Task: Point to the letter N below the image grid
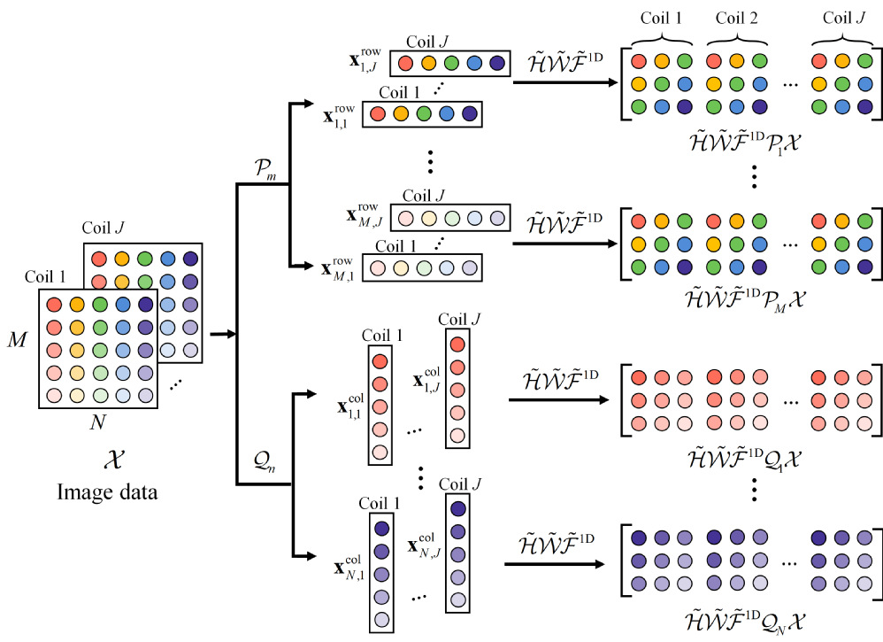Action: click(x=97, y=423)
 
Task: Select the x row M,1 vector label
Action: click(x=341, y=265)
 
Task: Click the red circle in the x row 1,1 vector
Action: click(x=378, y=114)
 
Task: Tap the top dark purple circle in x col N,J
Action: click(x=457, y=510)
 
